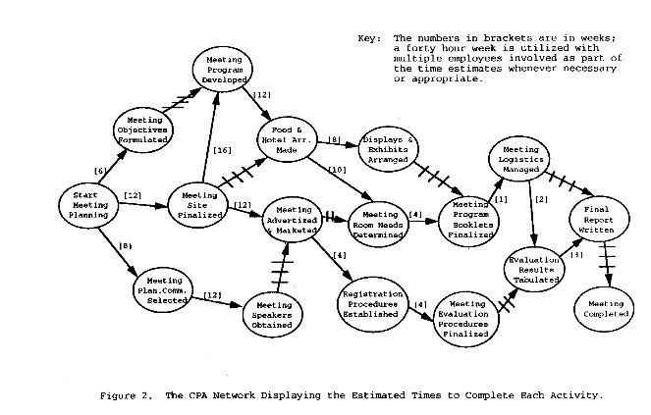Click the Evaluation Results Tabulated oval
click(x=534, y=267)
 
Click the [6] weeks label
click(x=100, y=172)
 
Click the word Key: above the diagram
click(x=369, y=38)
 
